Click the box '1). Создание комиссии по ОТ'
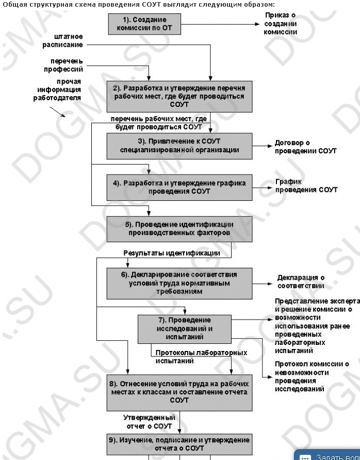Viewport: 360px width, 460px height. pyautogui.click(x=144, y=24)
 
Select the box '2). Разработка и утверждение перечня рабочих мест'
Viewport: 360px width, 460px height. pyautogui.click(x=179, y=96)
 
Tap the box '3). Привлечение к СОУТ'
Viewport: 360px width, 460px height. pyautogui.click(x=179, y=146)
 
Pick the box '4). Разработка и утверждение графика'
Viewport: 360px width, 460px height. pyautogui.click(x=179, y=187)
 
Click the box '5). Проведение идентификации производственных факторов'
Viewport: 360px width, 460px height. pyautogui.click(x=179, y=229)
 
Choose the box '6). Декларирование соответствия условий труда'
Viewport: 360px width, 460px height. pyautogui.click(x=179, y=283)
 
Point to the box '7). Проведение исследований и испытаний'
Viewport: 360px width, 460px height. pyautogui.click(x=185, y=328)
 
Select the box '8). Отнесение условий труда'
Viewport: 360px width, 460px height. pyautogui.click(x=179, y=392)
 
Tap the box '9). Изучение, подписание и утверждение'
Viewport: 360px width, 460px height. pyautogui.click(x=179, y=443)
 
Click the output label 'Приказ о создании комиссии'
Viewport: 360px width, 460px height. pyautogui.click(x=281, y=24)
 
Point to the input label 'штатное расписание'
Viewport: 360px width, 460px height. pyautogui.click(x=62, y=41)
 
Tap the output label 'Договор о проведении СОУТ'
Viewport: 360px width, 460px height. pyautogui.click(x=305, y=147)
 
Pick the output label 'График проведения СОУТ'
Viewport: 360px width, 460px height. pyautogui.click(x=306, y=186)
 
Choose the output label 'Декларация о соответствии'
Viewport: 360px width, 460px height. pyautogui.click(x=301, y=281)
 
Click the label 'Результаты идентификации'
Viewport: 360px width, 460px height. pyautogui.click(x=172, y=253)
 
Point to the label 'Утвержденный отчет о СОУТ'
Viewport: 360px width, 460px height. pyautogui.click(x=149, y=421)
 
